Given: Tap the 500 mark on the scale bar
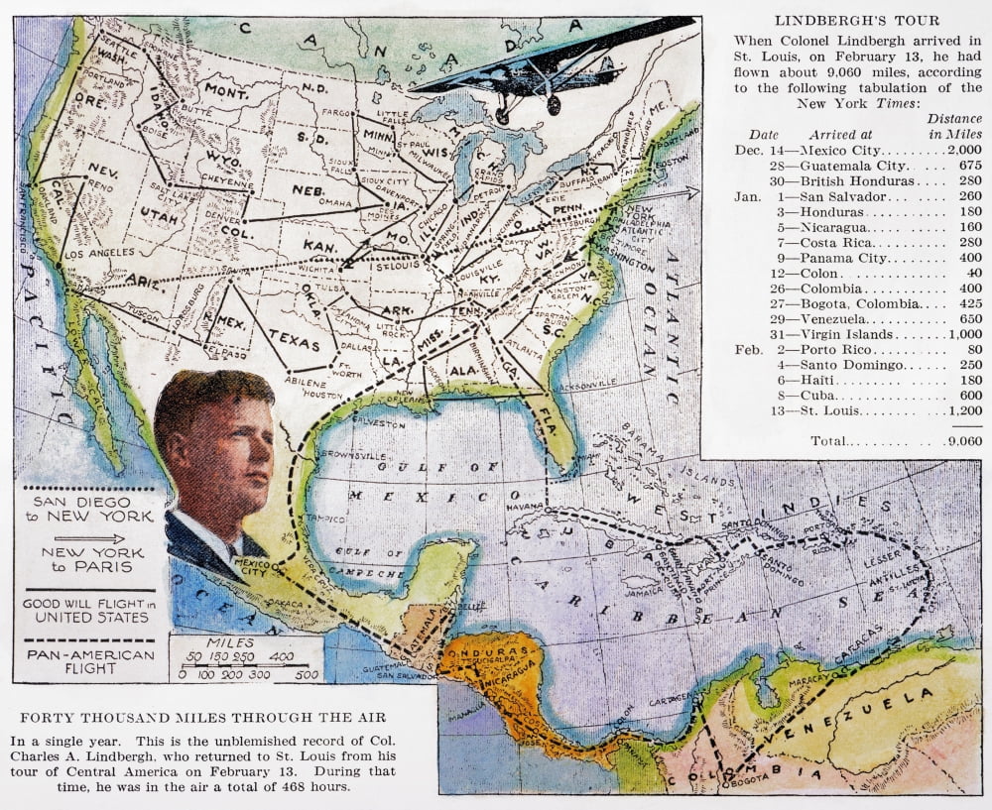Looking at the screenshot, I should click(x=307, y=674).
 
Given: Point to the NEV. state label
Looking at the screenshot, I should click(x=103, y=170).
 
